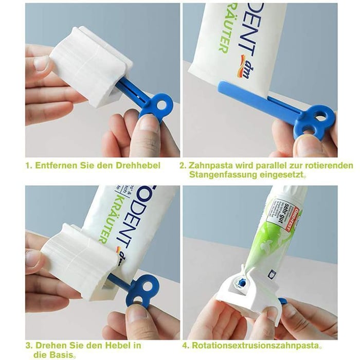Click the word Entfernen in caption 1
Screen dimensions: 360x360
[53, 166]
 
